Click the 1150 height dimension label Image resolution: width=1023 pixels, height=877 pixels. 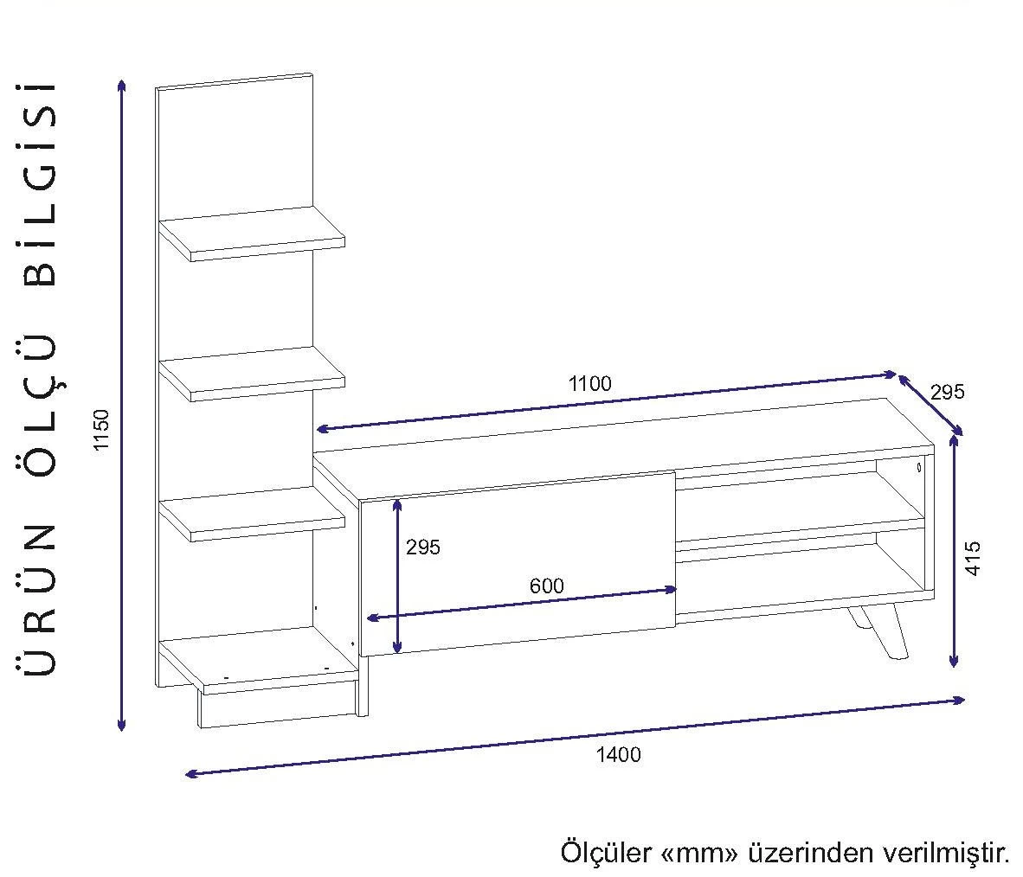pos(103,430)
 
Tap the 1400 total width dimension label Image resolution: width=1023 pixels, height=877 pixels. pos(618,754)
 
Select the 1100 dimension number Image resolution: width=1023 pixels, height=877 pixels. pos(589,383)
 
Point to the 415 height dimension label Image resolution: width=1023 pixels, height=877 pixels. pos(974,560)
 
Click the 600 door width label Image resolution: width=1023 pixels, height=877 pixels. pos(546,586)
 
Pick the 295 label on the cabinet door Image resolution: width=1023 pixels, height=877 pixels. pos(422,547)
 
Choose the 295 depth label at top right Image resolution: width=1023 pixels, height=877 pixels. pos(947,392)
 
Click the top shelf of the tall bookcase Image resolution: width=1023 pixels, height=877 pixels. pos(253,233)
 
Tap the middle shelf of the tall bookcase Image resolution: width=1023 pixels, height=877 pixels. pos(253,374)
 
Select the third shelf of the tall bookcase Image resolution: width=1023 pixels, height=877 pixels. pos(253,514)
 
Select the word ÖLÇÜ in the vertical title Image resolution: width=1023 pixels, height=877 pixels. pos(41,403)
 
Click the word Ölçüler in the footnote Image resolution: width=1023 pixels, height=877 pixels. pos(607,853)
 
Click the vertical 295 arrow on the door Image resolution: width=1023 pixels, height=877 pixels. pos(397,576)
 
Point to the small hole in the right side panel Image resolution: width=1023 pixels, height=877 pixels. pos(918,468)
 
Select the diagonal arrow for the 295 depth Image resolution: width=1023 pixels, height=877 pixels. pos(930,405)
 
